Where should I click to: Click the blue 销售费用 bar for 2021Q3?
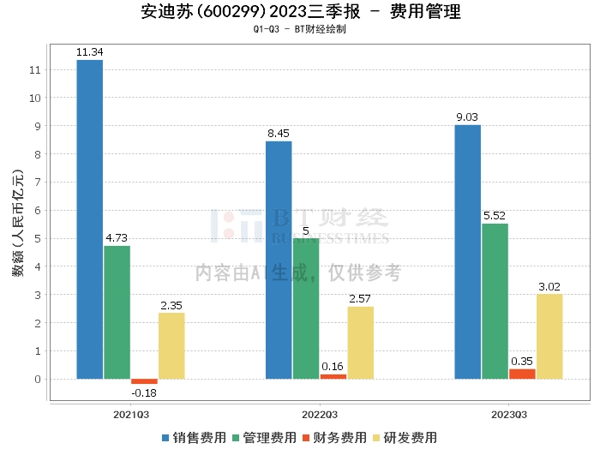pyautogui.click(x=90, y=219)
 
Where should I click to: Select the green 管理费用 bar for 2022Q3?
pyautogui.click(x=305, y=308)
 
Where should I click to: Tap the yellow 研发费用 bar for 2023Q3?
pyautogui.click(x=549, y=336)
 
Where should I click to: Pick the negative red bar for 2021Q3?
pyautogui.click(x=144, y=381)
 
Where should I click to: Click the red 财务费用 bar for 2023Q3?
pyautogui.click(x=522, y=374)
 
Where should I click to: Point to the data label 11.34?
pyautogui.click(x=90, y=52)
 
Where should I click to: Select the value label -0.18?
pyautogui.click(x=144, y=392)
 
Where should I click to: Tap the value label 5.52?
pyautogui.click(x=495, y=216)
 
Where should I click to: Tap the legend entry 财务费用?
pyautogui.click(x=334, y=437)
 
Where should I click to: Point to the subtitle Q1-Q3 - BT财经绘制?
pyautogui.click(x=300, y=29)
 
